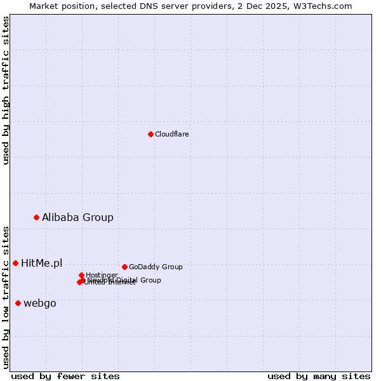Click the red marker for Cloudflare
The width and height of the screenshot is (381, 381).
click(x=150, y=134)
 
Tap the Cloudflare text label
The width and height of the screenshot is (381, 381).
click(x=172, y=134)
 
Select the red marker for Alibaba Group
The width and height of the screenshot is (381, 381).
click(x=36, y=217)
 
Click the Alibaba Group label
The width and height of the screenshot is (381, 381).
click(x=77, y=217)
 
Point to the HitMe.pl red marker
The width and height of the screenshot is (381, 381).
click(x=15, y=263)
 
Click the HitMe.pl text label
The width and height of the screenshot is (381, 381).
click(x=42, y=263)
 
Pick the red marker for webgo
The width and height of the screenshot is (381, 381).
click(x=18, y=303)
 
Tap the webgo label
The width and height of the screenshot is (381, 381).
click(x=40, y=303)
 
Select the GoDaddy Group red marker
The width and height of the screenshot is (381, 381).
click(x=124, y=267)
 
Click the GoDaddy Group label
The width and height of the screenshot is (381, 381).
click(x=156, y=267)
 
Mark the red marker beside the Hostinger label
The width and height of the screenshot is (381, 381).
click(x=81, y=275)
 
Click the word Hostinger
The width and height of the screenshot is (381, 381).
click(x=102, y=275)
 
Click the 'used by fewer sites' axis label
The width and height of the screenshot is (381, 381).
click(x=65, y=376)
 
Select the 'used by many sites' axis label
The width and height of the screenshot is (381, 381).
click(x=319, y=376)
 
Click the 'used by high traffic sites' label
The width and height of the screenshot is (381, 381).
click(x=6, y=91)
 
